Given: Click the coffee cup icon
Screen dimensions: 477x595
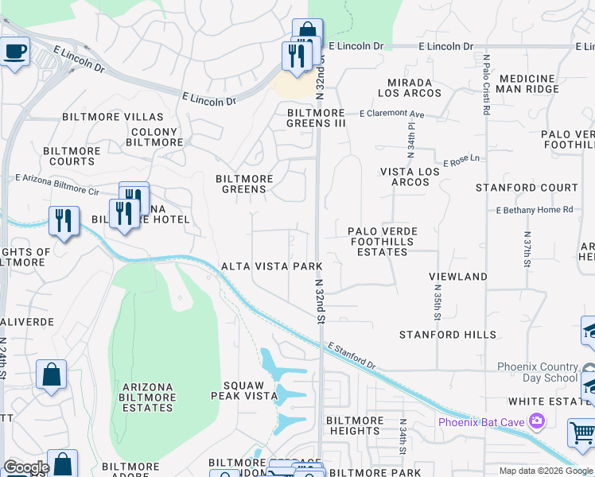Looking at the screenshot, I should click(14, 53).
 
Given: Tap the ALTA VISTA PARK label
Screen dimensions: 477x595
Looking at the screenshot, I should click(271, 266).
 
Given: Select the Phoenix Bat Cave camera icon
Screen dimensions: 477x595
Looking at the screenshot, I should click(538, 421).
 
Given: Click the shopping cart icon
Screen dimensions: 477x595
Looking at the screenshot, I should click(581, 433).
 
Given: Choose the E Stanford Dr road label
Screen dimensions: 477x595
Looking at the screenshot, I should click(351, 357).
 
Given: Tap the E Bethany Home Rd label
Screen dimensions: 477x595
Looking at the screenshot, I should click(534, 210).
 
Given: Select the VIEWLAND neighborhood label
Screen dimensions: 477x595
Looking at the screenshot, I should click(457, 276).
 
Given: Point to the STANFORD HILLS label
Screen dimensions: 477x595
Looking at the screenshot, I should click(447, 335).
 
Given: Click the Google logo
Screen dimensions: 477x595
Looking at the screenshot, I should click(26, 467).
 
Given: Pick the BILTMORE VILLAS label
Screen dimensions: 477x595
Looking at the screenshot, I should click(112, 117).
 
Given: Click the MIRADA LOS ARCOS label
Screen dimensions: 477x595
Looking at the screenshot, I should click(410, 87).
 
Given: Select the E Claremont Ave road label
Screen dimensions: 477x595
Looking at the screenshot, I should click(391, 114).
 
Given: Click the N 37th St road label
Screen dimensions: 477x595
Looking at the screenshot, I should click(527, 249).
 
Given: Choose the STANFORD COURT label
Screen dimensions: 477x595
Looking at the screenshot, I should click(527, 188).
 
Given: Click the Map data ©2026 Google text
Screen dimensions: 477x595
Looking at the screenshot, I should click(545, 471).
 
